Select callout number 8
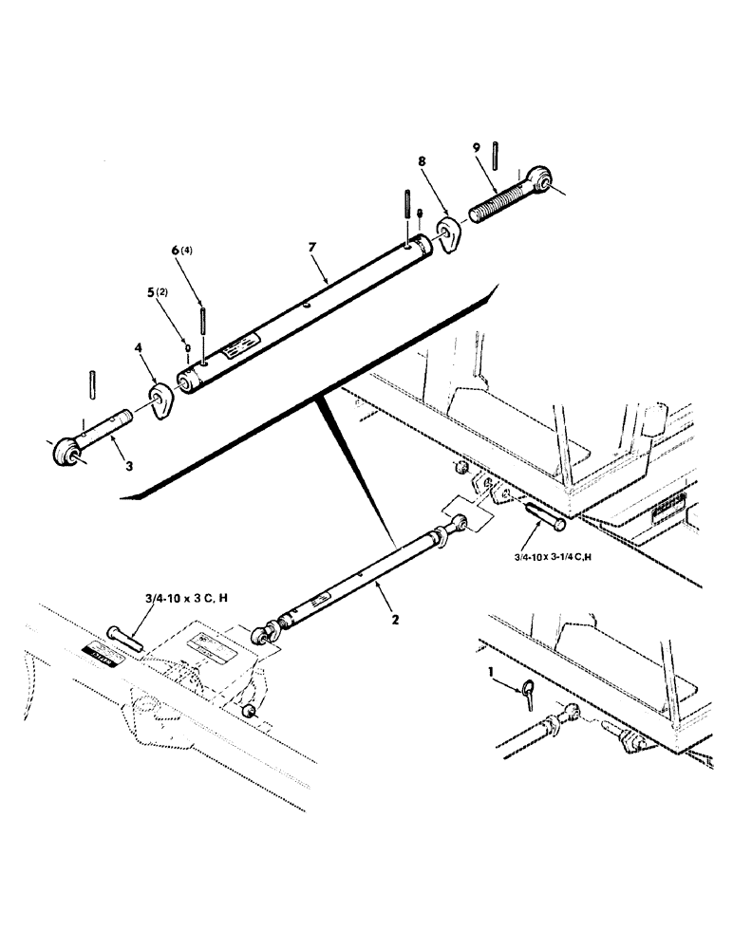point(422,162)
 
